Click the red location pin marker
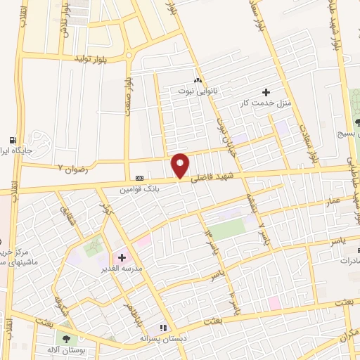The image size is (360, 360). click(181, 165)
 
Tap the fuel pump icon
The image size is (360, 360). click(13, 139)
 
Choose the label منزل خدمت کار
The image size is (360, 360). click(266, 103)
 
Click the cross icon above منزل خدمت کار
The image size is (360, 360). click(266, 92)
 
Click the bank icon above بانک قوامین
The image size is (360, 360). click(139, 178)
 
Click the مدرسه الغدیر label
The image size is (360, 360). click(124, 269)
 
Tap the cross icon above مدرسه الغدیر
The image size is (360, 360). click(122, 257)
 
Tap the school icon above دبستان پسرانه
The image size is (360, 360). click(163, 328)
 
